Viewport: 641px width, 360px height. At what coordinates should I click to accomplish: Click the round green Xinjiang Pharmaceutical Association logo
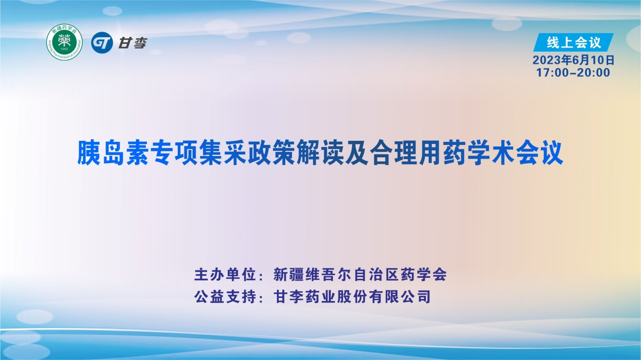click(64, 42)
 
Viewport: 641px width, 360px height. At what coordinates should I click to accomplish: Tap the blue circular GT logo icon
click(102, 43)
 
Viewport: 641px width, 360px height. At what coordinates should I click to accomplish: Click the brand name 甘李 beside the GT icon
click(132, 43)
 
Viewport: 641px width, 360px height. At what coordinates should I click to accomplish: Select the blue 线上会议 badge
click(573, 42)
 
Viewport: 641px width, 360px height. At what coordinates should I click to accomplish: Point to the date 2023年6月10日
click(573, 60)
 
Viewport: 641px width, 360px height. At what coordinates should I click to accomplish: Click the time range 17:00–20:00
click(573, 73)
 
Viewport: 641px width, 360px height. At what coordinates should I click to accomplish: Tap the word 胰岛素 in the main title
click(114, 153)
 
